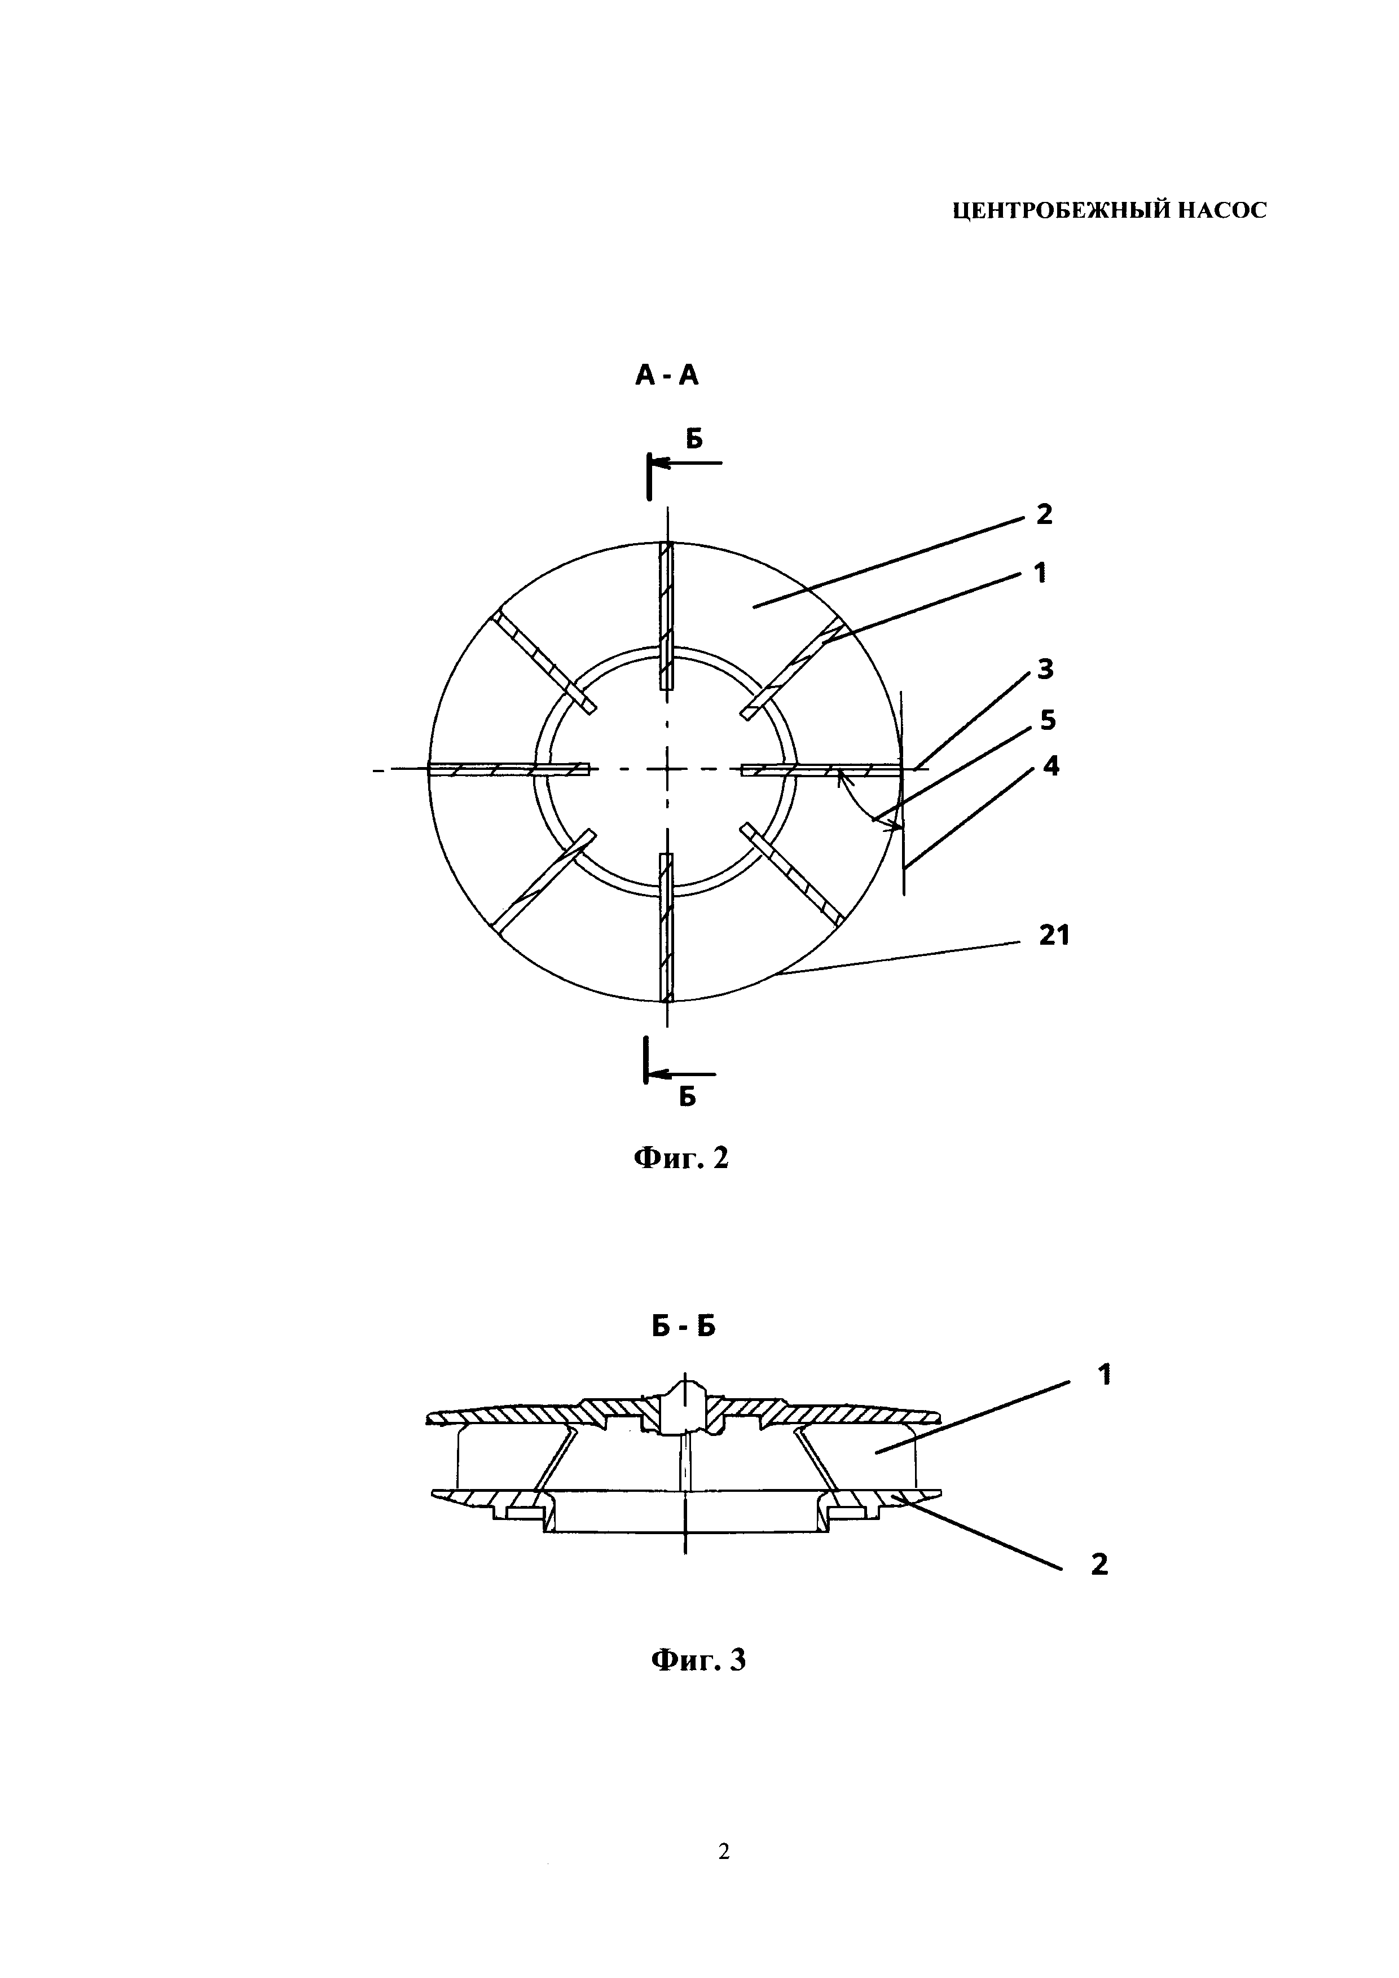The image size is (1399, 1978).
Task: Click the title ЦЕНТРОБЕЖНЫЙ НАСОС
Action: (x=1110, y=211)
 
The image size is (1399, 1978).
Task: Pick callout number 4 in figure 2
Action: (x=1051, y=765)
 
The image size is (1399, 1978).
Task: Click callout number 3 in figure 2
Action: (x=1045, y=668)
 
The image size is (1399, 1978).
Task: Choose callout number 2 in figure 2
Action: (x=1044, y=515)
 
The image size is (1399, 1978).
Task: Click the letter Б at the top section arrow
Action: (x=694, y=439)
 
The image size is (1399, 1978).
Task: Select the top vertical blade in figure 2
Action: (x=666, y=616)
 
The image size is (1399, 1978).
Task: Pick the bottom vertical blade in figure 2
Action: (x=666, y=927)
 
